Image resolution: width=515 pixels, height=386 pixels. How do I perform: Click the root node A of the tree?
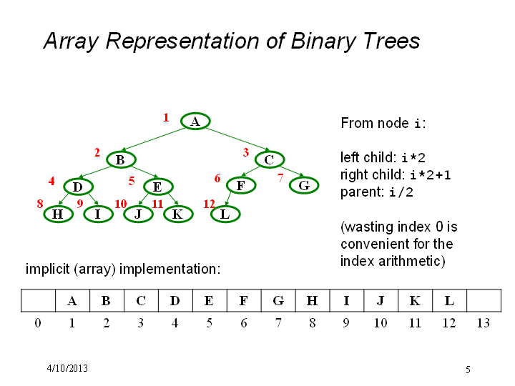pyautogui.click(x=195, y=121)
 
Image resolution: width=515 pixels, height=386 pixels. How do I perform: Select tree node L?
pyautogui.click(x=225, y=214)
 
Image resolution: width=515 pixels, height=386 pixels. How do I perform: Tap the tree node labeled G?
pyautogui.click(x=304, y=185)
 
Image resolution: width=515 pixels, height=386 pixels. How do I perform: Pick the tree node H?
pyautogui.click(x=58, y=214)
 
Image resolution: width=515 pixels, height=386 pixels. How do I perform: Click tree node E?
pyautogui.click(x=158, y=187)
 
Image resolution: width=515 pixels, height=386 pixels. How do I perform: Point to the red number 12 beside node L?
pyautogui.click(x=209, y=204)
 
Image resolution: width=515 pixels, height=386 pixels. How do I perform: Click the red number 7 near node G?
pyautogui.click(x=280, y=178)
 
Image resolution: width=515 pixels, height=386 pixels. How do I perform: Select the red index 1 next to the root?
pyautogui.click(x=166, y=117)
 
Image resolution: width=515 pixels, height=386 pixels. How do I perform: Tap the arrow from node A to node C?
pyautogui.click(x=237, y=139)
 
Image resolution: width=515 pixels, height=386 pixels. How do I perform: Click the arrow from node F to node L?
pyautogui.click(x=229, y=199)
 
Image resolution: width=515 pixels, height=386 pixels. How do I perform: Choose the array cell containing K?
pyautogui.click(x=415, y=301)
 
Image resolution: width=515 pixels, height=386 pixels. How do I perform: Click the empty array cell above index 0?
pyautogui.click(x=38, y=301)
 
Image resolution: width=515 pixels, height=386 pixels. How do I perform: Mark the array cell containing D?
pyautogui.click(x=175, y=301)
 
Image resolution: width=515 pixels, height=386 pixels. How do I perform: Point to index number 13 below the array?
pyautogui.click(x=484, y=323)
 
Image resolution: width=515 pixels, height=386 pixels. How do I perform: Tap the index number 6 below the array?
pyautogui.click(x=243, y=323)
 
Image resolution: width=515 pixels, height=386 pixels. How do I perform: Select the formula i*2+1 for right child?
pyautogui.click(x=431, y=175)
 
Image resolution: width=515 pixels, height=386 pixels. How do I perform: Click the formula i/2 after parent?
pyautogui.click(x=401, y=192)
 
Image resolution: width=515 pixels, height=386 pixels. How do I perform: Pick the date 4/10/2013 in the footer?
pyautogui.click(x=67, y=368)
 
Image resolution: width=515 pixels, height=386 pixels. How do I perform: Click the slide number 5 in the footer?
pyautogui.click(x=468, y=370)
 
